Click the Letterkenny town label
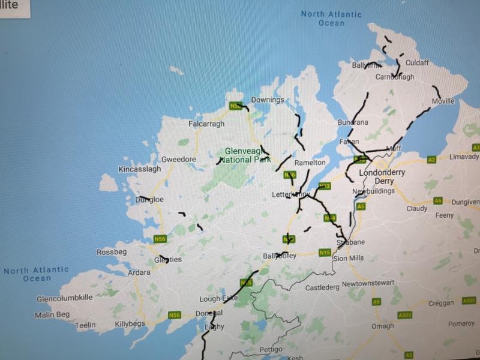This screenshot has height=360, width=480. point(290,195)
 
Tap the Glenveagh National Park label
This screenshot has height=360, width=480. point(245,155)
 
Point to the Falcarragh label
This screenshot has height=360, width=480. point(206,124)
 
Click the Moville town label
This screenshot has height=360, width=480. point(443,101)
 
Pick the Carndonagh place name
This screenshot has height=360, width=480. point(395,77)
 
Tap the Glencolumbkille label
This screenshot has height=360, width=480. point(65,298)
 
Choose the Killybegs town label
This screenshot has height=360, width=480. point(131,325)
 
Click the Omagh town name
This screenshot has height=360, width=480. point(383,326)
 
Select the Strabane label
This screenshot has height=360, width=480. point(350,242)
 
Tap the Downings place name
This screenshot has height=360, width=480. point(268,100)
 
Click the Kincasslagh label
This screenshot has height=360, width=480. point(140,170)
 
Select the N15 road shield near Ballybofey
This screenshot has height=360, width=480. point(325,252)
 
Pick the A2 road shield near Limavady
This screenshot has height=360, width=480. point(431,160)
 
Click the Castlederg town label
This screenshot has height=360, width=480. point(322,288)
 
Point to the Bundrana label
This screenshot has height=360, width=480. point(353,122)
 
